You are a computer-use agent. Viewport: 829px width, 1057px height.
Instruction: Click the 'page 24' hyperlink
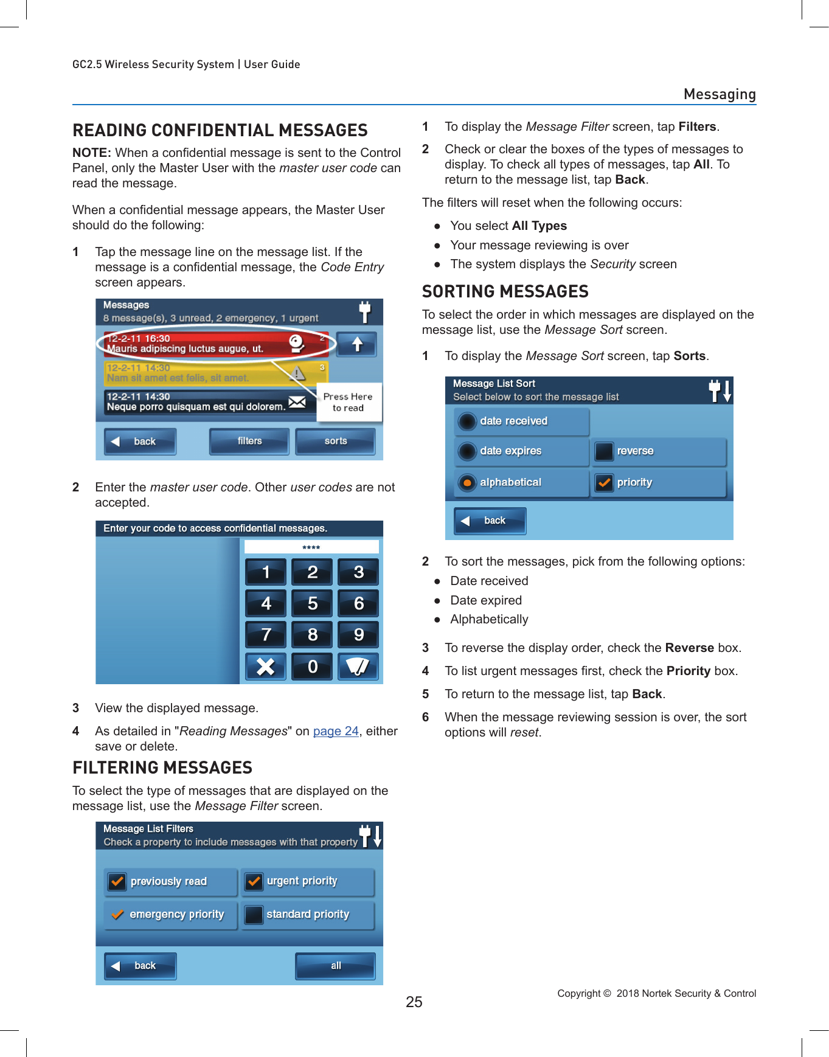tap(336, 731)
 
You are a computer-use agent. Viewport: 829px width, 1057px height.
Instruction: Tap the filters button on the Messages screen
tap(249, 442)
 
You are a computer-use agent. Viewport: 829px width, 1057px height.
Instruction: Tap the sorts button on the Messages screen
tap(335, 442)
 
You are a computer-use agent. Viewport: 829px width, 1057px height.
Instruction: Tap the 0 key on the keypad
tap(312, 667)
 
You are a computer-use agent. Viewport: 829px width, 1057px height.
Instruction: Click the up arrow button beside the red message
tap(357, 345)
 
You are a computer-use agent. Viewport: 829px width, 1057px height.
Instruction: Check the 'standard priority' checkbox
tap(254, 915)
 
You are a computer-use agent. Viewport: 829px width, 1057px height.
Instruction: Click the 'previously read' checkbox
tap(117, 881)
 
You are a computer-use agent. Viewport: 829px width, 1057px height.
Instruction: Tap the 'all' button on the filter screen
tap(335, 966)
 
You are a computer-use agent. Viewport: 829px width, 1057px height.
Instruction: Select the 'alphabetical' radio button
tap(467, 483)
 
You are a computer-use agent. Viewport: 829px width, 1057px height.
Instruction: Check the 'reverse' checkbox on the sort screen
tap(604, 451)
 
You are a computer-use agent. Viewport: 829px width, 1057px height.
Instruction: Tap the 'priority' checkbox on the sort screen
tap(604, 483)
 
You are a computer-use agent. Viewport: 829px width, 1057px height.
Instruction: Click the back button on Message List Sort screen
tap(490, 521)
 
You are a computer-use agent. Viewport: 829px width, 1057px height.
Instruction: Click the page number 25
tap(414, 1002)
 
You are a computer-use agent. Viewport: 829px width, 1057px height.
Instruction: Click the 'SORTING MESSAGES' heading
tap(505, 292)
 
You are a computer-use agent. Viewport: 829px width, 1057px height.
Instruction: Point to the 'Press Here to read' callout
tap(349, 402)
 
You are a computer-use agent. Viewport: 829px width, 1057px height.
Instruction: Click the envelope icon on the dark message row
tap(297, 402)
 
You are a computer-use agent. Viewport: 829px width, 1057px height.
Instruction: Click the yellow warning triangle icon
tap(297, 373)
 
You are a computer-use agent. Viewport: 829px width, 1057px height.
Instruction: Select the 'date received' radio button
tap(467, 421)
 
